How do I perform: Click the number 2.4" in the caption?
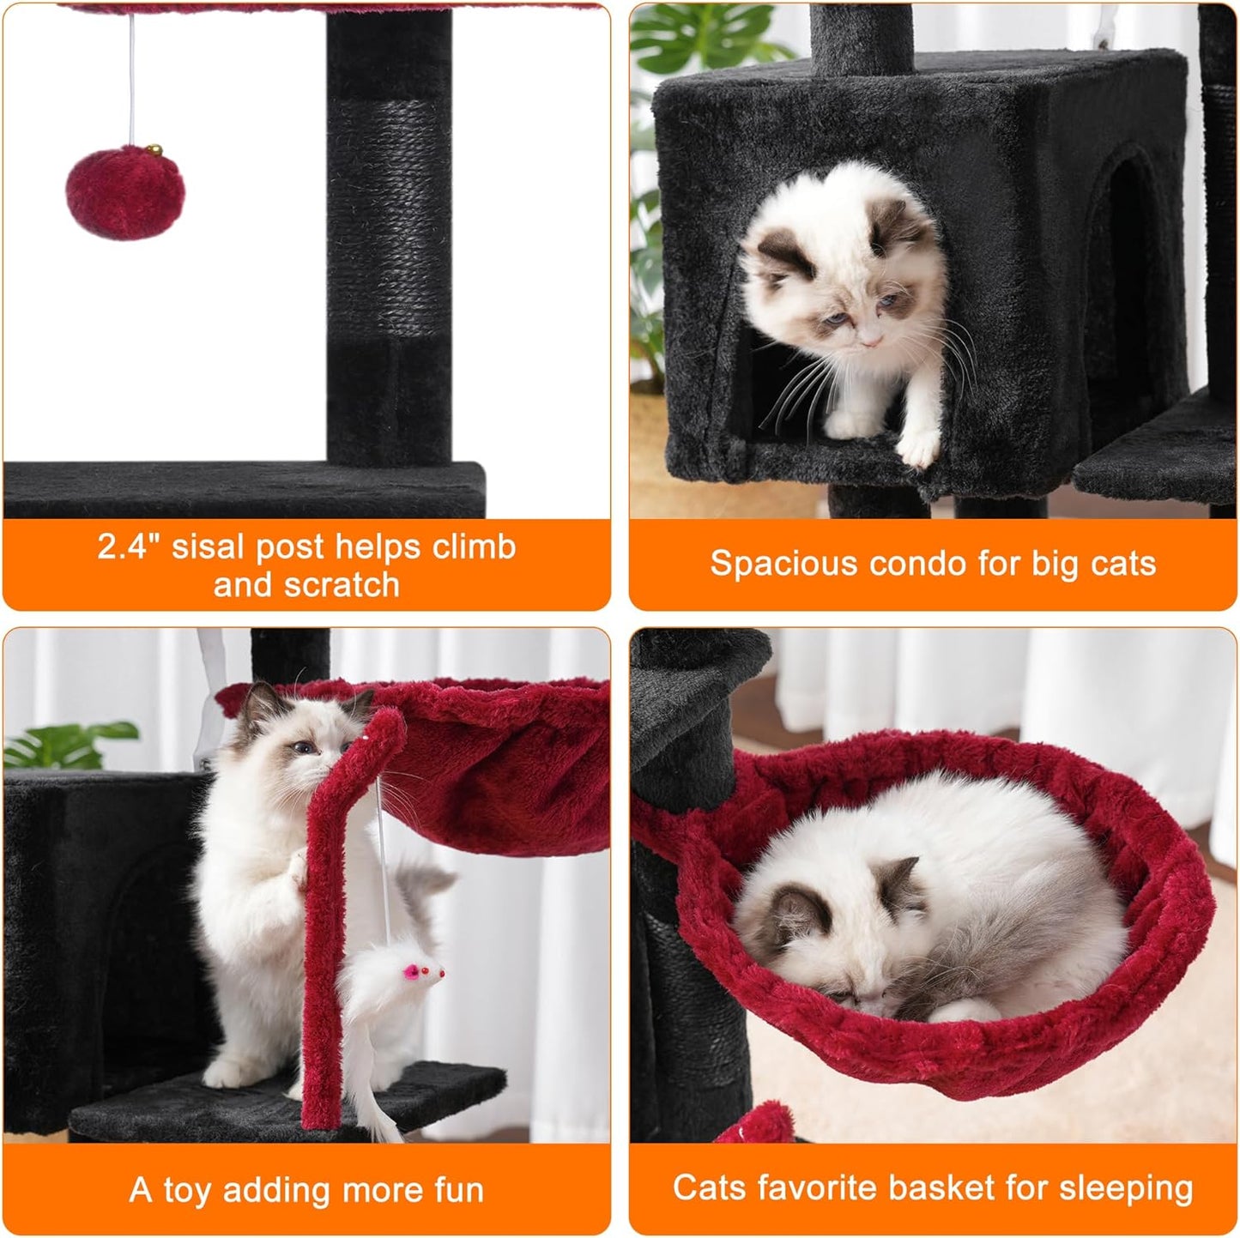click(127, 547)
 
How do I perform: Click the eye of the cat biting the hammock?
click(302, 746)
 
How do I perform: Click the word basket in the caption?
click(941, 1188)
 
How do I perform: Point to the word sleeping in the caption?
click(1125, 1188)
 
